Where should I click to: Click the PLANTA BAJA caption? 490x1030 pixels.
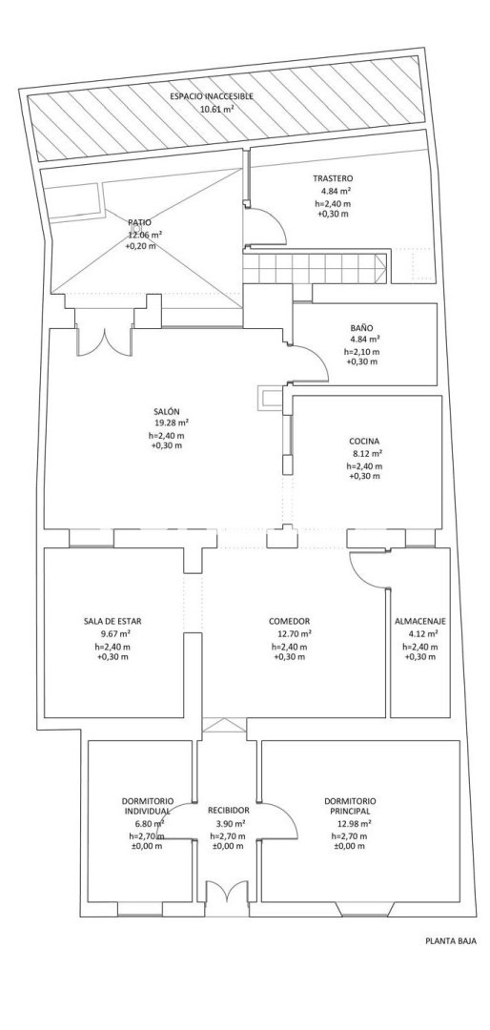(x=450, y=940)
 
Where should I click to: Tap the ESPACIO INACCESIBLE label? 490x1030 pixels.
(x=213, y=96)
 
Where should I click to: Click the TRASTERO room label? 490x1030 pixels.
(x=333, y=178)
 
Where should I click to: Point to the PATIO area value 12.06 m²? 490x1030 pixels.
(x=145, y=235)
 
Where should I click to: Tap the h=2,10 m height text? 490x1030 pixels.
(x=362, y=352)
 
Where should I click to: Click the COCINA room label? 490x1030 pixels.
(x=364, y=443)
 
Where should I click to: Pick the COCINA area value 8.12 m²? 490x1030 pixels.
(x=368, y=453)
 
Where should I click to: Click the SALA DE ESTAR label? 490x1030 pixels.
(x=112, y=621)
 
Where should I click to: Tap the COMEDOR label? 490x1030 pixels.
(x=289, y=621)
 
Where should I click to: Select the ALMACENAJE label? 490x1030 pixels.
(x=420, y=621)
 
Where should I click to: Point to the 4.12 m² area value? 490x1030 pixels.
(x=422, y=634)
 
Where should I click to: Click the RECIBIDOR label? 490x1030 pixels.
(x=228, y=811)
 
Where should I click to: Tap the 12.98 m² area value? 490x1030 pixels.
(x=355, y=824)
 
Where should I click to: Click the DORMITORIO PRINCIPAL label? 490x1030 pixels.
(x=350, y=806)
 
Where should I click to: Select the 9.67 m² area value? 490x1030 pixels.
(x=115, y=634)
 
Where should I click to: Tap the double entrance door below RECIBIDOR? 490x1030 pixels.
(x=226, y=898)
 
